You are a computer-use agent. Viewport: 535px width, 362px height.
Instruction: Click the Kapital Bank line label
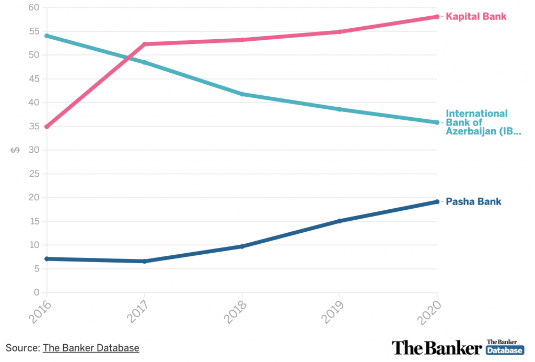point(475,17)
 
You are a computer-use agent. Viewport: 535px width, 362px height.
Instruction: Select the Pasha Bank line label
point(473,202)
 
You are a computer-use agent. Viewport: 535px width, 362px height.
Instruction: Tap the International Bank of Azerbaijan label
point(483,122)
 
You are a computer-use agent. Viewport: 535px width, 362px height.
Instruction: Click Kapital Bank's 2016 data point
point(47,127)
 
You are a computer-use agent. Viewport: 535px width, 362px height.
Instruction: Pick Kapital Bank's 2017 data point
point(145,44)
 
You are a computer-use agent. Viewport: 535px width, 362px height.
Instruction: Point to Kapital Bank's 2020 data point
point(437,17)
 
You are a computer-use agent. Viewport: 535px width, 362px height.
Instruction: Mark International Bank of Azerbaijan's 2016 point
point(47,36)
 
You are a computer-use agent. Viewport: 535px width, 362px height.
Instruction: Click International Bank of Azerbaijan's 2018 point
point(242,94)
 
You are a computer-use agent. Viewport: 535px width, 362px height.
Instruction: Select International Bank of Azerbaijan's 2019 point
point(340,109)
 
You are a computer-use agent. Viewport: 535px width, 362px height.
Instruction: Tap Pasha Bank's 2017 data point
point(145,261)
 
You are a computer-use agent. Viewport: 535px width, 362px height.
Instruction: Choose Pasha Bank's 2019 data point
point(340,221)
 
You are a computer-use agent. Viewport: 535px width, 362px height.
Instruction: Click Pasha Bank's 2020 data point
point(437,202)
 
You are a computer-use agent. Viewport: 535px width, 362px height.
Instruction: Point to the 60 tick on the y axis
point(33,7)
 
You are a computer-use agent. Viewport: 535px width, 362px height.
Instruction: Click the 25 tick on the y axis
point(33,174)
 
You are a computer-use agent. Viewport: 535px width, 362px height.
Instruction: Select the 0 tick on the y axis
point(36,292)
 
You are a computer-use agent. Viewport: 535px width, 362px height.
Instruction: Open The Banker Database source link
point(91,347)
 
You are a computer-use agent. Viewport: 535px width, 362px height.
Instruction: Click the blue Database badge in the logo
point(505,350)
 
